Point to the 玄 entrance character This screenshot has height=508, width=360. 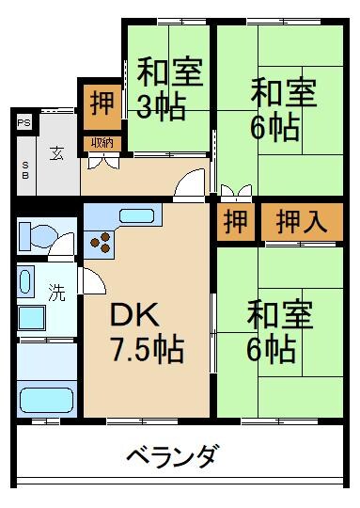pos(57,152)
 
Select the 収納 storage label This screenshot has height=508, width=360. pos(101,143)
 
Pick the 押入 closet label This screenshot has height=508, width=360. pos(300,222)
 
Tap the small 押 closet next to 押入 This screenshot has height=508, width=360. pos(237,222)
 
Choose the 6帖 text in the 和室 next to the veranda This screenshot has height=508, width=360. pos(272,349)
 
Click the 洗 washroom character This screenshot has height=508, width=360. pos(57,293)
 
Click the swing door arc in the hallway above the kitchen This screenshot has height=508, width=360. pos(192,181)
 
